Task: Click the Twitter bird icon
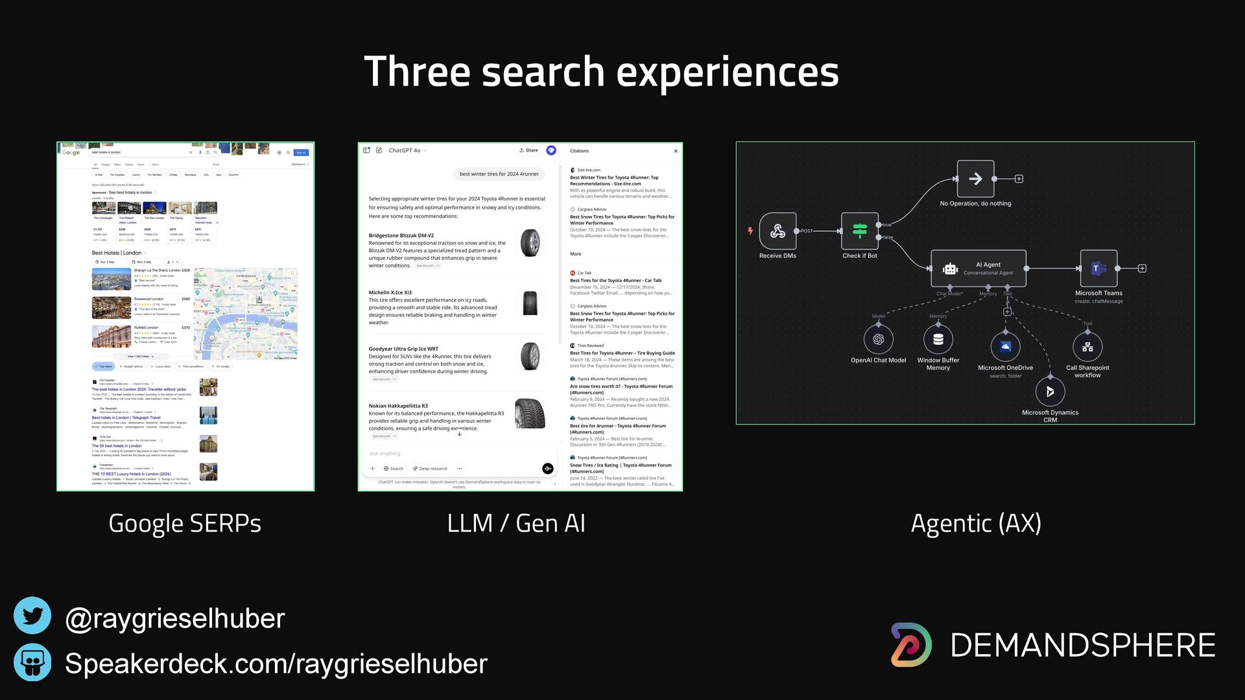click(x=32, y=616)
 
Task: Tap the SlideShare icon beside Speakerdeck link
click(x=32, y=662)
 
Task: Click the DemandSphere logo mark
click(x=912, y=645)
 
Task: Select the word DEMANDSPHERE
click(x=1082, y=646)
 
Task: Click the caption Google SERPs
click(x=185, y=524)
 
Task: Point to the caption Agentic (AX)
click(x=976, y=524)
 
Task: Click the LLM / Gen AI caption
click(x=516, y=524)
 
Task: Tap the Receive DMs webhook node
click(x=777, y=231)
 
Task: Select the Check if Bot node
click(x=860, y=231)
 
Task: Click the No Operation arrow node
click(x=975, y=179)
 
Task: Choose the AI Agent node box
click(x=978, y=268)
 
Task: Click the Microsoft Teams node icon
click(x=1098, y=268)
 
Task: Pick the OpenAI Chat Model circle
click(x=879, y=339)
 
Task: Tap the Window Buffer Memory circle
click(x=938, y=339)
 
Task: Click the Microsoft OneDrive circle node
click(x=1006, y=347)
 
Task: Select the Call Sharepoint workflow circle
click(x=1087, y=347)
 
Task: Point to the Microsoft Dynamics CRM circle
click(x=1050, y=391)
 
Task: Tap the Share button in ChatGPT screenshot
click(x=529, y=150)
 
